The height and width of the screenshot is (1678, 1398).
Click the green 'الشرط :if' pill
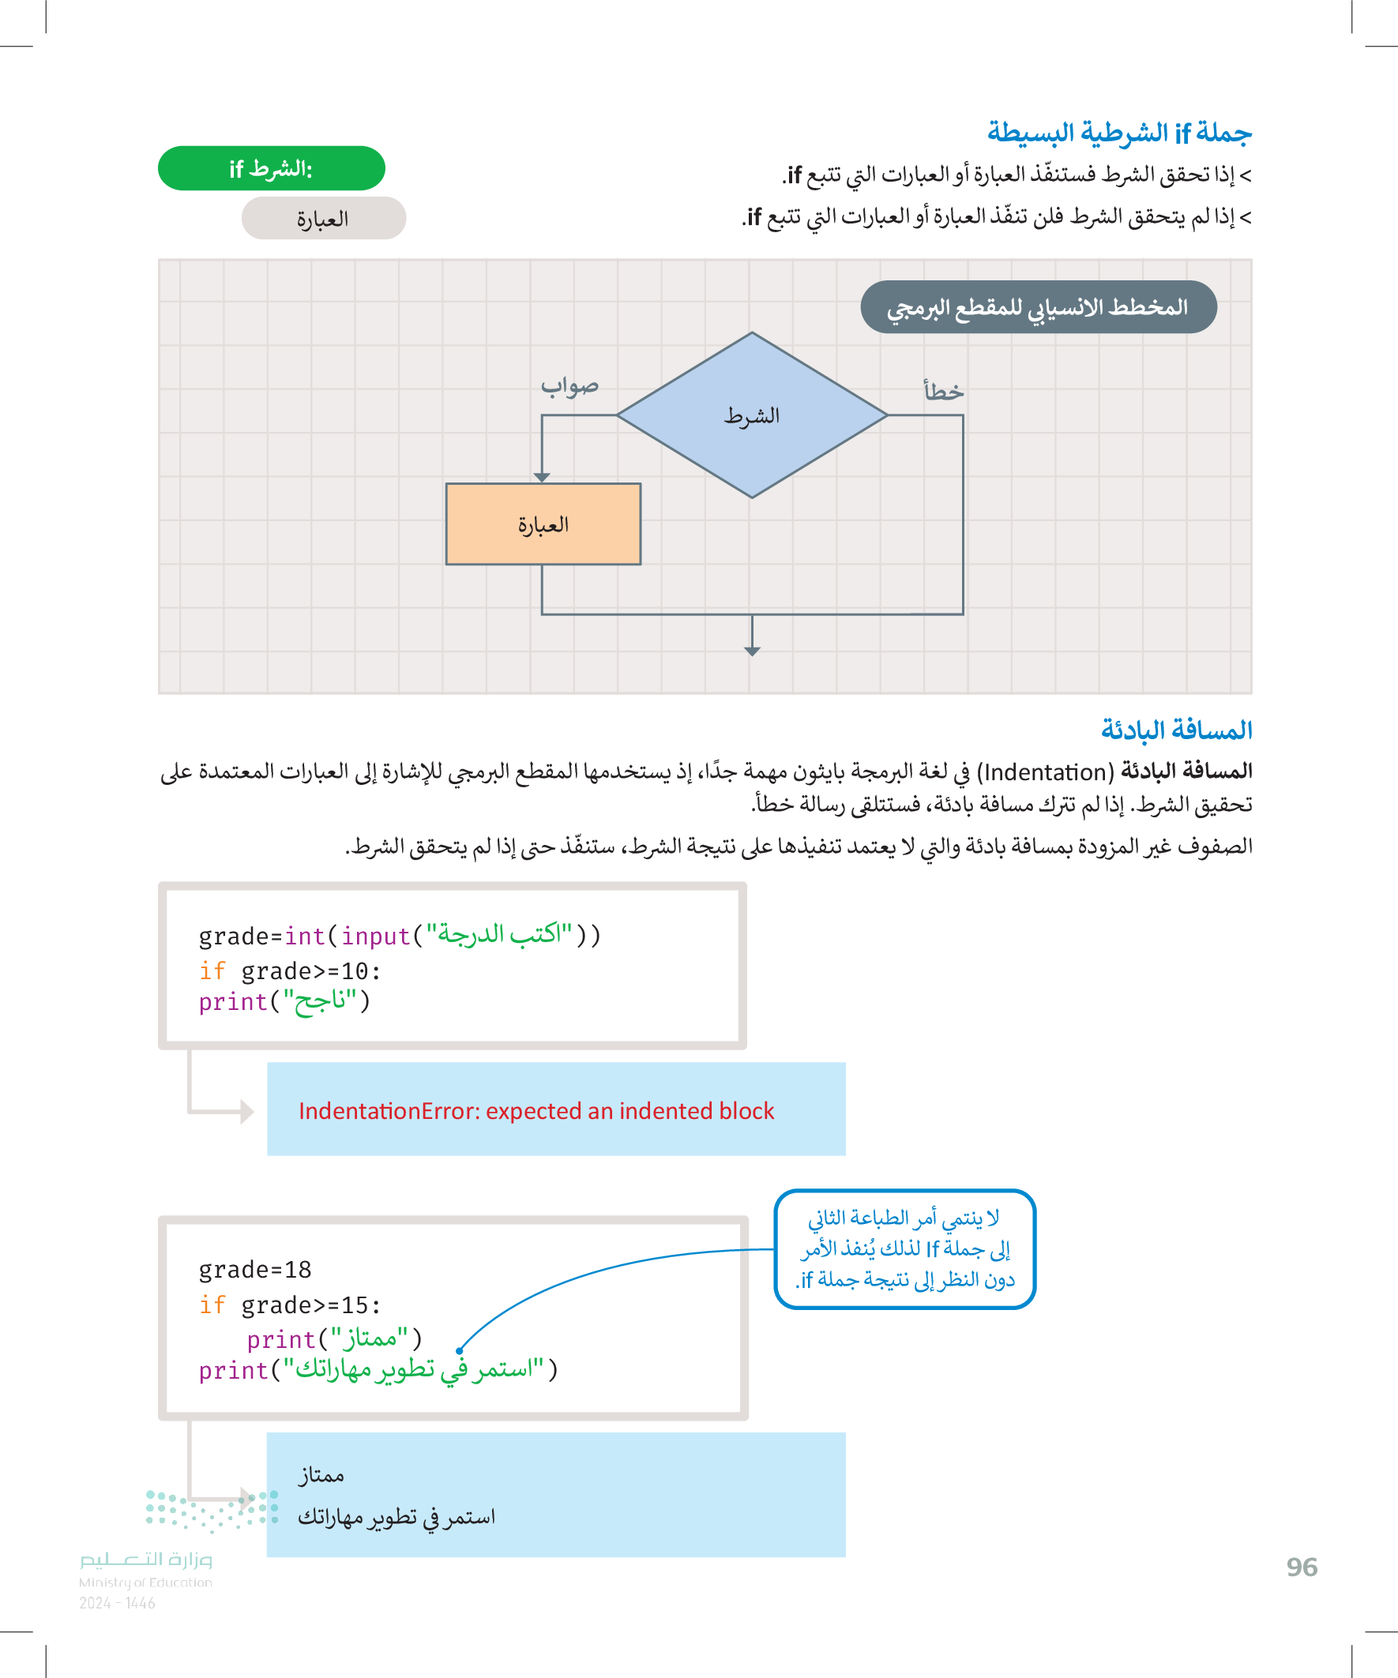[271, 169]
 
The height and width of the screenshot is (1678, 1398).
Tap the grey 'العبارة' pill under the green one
[323, 218]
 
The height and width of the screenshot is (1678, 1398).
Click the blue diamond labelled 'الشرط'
[751, 415]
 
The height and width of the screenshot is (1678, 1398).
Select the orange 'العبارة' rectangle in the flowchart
[543, 524]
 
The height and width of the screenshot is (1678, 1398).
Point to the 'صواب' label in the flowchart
[569, 386]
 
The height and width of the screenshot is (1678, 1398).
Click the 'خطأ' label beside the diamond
[943, 392]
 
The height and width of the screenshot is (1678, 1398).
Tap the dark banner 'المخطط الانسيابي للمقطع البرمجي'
[1038, 307]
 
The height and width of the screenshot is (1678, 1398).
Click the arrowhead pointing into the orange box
[542, 477]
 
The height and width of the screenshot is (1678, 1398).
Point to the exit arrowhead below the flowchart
[752, 651]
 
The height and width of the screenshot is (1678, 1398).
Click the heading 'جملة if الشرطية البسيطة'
[1118, 133]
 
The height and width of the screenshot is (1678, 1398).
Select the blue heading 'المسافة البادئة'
[1176, 730]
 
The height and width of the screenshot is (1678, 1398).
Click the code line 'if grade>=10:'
[289, 970]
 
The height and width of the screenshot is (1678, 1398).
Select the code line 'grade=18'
[255, 1269]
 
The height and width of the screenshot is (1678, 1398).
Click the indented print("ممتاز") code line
[334, 1338]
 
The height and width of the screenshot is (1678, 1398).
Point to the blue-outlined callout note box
[905, 1248]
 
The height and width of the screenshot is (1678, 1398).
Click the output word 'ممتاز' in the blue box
[321, 1475]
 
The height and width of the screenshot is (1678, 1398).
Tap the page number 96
[1302, 1567]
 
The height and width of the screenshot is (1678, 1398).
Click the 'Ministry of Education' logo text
[145, 1582]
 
